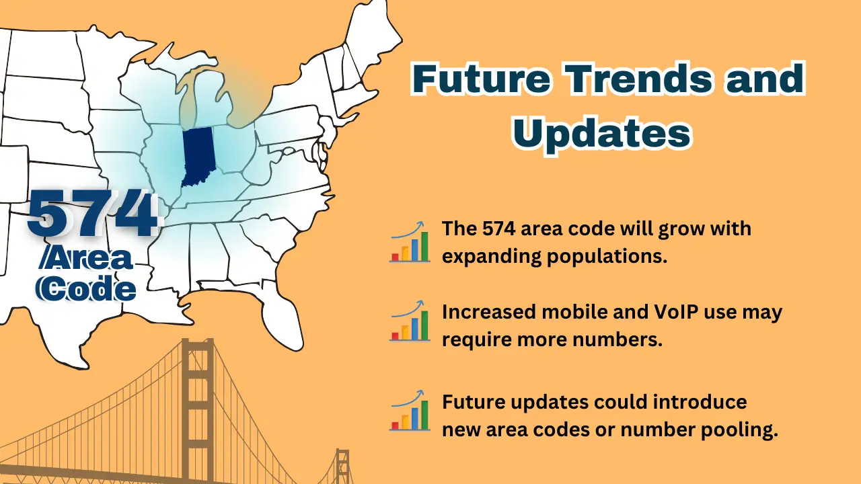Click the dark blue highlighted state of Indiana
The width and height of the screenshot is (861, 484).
(x=198, y=155)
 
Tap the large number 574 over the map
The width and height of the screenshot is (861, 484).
(x=93, y=214)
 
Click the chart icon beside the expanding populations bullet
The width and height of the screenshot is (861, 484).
(x=410, y=241)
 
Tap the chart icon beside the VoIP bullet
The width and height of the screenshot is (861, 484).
(x=410, y=321)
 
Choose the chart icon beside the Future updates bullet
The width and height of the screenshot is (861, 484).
(x=410, y=410)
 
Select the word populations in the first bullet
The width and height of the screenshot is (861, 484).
(x=607, y=257)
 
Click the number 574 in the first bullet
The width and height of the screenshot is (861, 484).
(x=499, y=229)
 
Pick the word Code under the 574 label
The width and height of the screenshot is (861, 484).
(x=86, y=288)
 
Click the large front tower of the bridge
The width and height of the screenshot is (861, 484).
(x=198, y=411)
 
